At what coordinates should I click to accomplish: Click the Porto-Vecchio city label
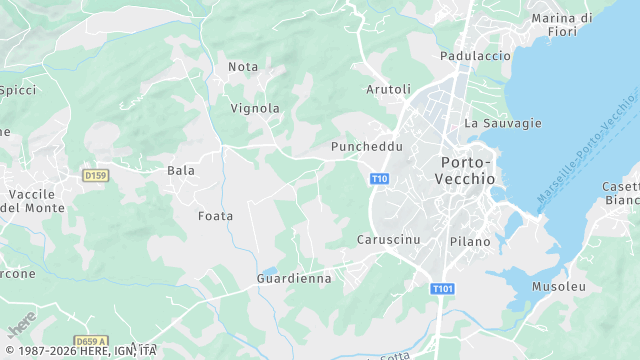coord(465,170)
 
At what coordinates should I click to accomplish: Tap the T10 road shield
coord(379,179)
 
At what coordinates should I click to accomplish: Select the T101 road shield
coord(443,289)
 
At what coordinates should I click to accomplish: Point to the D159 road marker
coord(95,176)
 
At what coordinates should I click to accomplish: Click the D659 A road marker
coord(90,341)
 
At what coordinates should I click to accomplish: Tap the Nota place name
coord(243,67)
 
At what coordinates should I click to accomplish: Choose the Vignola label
coord(255,108)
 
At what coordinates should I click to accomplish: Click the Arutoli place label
coord(389,90)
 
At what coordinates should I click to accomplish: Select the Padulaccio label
coord(476,57)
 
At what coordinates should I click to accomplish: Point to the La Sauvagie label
coord(503,123)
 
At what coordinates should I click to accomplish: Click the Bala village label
coord(181,171)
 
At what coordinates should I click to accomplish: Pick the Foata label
coord(215,216)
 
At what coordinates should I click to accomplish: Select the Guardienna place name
coord(294,279)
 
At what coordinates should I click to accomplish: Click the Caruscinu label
coord(387,240)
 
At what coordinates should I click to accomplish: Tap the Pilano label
coord(470,242)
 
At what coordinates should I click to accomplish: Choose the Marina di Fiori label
coord(590,25)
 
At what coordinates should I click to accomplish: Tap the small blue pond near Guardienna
coord(268,270)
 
